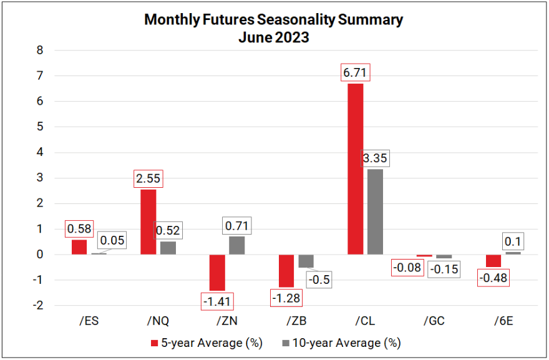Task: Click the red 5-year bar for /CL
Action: (355, 168)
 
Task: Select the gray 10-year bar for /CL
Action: (375, 212)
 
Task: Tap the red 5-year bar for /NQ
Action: (148, 221)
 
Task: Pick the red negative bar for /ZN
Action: (217, 272)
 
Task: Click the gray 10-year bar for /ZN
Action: (237, 245)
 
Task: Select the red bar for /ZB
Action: (286, 270)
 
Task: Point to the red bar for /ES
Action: (79, 247)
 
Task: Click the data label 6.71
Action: (355, 73)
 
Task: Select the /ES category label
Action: (89, 321)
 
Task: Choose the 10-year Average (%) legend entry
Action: (341, 343)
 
